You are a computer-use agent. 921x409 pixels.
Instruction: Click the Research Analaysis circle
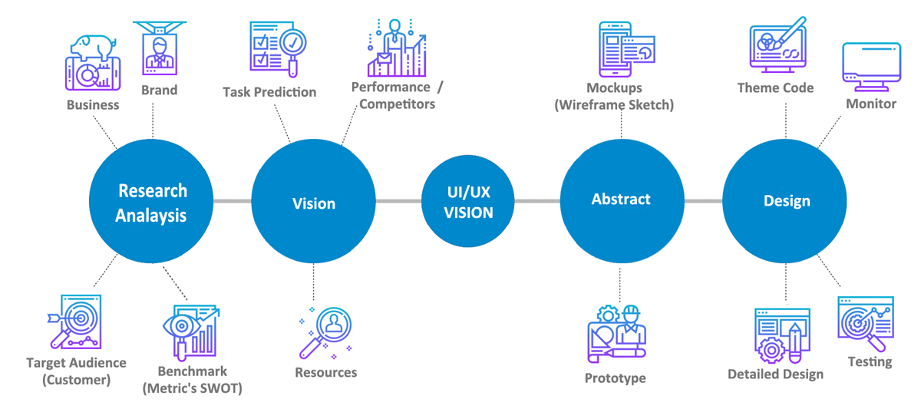[152, 202]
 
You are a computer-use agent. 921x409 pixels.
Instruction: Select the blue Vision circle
[313, 203]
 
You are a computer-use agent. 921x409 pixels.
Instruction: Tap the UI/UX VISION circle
[468, 202]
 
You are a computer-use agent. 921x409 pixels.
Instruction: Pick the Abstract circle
[621, 200]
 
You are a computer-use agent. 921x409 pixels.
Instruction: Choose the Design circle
[786, 201]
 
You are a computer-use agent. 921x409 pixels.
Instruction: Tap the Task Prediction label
[269, 92]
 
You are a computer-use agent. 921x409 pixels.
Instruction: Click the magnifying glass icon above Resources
[326, 331]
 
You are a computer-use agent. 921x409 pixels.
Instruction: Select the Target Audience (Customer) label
[76, 371]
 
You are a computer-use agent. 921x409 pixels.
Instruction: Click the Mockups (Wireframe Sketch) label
[614, 97]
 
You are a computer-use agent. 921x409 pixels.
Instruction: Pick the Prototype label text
[615, 378]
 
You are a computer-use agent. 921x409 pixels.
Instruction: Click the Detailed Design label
[775, 374]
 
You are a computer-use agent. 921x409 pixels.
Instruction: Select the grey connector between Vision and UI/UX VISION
[398, 202]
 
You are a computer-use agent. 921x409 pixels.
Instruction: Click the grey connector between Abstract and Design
[703, 201]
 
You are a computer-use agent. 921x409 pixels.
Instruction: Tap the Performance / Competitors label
[397, 95]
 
